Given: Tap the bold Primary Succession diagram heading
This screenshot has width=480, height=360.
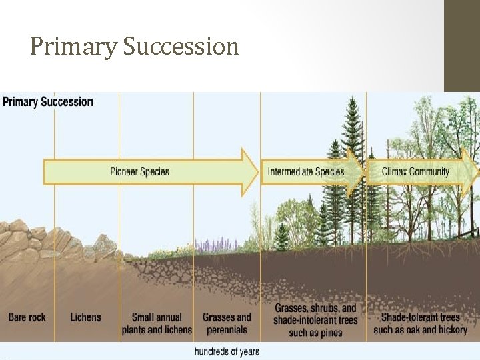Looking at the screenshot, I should (x=48, y=102).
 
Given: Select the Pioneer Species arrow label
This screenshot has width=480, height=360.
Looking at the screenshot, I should (x=139, y=172).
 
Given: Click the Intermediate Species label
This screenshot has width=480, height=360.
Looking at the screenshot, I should (x=306, y=172).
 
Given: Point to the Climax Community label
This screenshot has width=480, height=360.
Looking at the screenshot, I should (x=415, y=172).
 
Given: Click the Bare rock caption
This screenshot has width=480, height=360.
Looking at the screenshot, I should (x=27, y=317).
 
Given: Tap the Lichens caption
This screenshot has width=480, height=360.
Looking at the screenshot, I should (x=86, y=317).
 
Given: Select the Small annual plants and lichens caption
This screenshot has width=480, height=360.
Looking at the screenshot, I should (x=157, y=323).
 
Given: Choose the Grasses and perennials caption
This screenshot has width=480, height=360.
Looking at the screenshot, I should (x=227, y=323).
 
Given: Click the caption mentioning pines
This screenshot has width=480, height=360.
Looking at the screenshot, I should (x=315, y=320).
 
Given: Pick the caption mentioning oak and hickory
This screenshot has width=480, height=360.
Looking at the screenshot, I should (x=420, y=323).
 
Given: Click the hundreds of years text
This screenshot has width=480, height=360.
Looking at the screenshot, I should (x=227, y=351).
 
